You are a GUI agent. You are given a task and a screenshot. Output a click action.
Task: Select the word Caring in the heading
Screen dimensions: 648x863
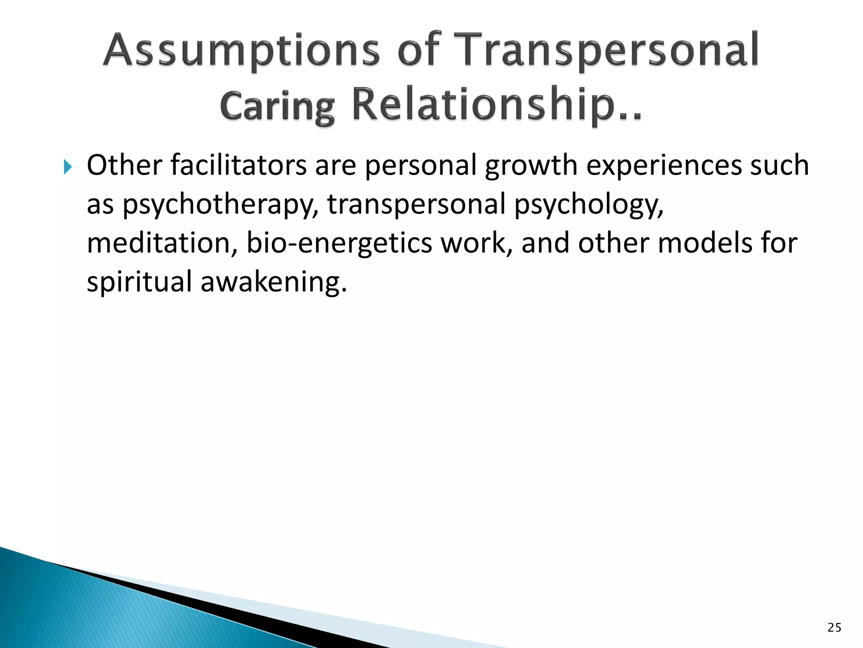[x=277, y=106]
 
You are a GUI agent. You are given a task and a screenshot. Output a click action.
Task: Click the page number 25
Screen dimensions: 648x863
[x=834, y=628]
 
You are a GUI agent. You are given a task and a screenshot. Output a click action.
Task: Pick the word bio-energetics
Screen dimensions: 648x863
[x=339, y=244]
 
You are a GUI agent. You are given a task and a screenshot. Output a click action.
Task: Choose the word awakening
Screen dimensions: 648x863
[x=273, y=282]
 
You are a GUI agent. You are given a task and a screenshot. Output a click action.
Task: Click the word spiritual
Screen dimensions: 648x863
[x=139, y=282]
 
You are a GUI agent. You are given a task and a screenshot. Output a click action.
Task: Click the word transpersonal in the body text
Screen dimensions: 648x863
[x=416, y=205]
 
